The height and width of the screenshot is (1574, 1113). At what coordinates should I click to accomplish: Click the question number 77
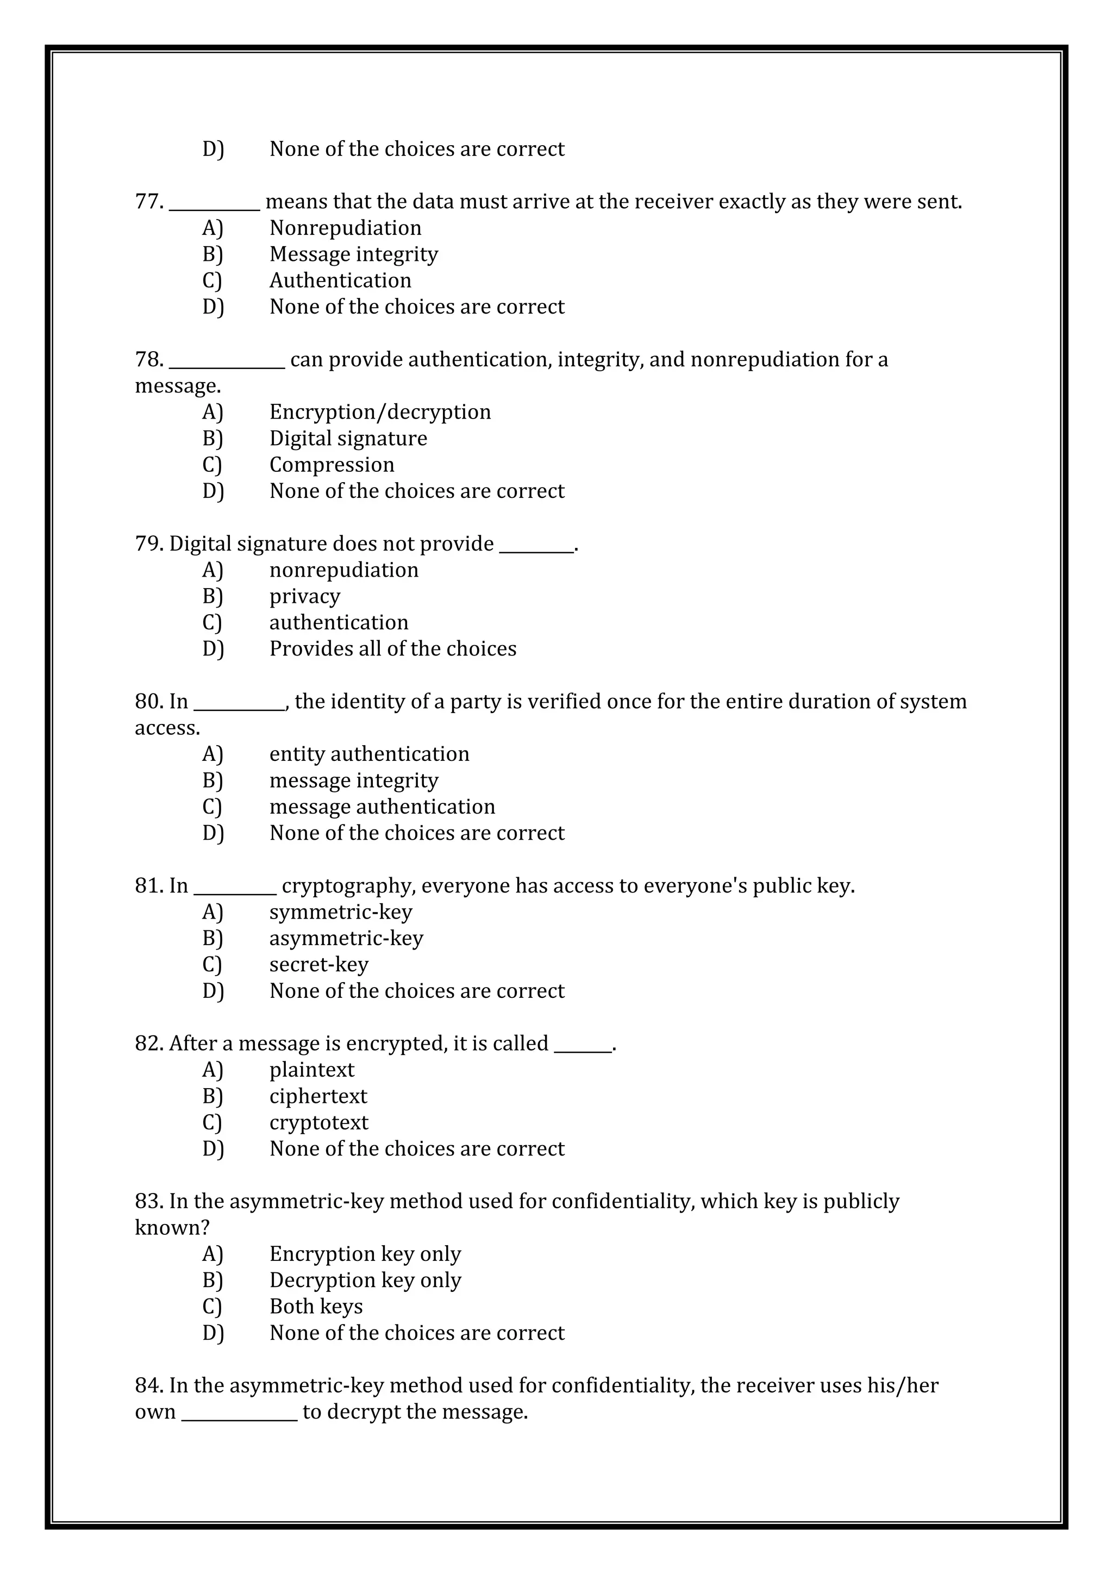tap(148, 202)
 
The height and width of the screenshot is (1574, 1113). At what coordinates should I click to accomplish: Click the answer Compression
tap(332, 465)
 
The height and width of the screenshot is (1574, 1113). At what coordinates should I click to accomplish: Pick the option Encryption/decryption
tap(380, 412)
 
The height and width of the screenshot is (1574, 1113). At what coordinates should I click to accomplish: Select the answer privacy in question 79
tap(304, 596)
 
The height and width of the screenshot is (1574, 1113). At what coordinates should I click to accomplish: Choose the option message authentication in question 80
tap(382, 807)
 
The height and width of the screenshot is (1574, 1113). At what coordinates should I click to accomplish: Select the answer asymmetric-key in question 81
tap(346, 939)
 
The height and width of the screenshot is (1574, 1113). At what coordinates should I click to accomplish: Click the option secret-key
tap(318, 965)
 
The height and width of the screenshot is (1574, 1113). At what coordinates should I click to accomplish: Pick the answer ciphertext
tap(318, 1096)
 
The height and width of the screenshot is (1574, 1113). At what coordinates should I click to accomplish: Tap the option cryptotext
tap(318, 1122)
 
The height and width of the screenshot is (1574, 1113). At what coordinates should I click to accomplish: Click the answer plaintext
tap(312, 1070)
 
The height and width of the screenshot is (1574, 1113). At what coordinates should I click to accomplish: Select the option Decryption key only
tap(365, 1280)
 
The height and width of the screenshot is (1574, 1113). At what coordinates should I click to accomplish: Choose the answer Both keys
tap(316, 1307)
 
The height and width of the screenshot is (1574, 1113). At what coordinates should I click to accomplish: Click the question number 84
tap(148, 1385)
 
